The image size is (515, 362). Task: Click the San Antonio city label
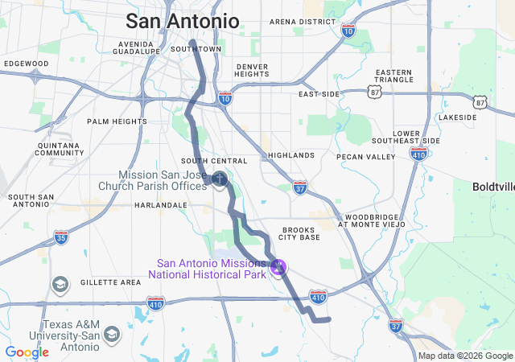[x=182, y=21]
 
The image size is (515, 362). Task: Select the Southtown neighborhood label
[x=196, y=49]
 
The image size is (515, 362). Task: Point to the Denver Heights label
[x=252, y=70]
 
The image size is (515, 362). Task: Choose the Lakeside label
[x=458, y=117]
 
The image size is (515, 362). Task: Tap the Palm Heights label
[x=117, y=121]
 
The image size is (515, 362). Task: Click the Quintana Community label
[x=60, y=149]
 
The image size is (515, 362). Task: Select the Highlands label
[x=290, y=155]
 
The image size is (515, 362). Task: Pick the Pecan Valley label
[x=366, y=156]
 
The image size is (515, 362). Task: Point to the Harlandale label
[x=160, y=205]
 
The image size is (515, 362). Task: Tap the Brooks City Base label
[x=299, y=233]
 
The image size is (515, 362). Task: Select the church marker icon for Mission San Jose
[x=219, y=177]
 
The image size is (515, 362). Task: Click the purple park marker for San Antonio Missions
[x=279, y=267]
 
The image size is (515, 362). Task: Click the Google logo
[x=27, y=352]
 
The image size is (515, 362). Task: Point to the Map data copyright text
[x=465, y=356]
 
